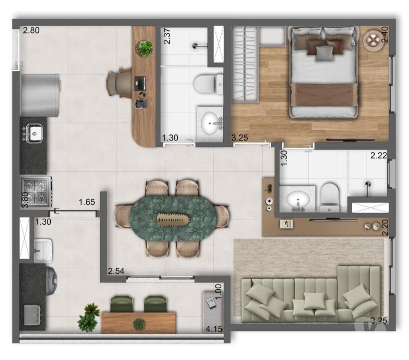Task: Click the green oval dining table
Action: [172, 218]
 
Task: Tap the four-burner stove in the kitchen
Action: [36, 192]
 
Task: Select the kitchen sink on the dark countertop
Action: [35, 132]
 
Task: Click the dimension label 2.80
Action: [31, 30]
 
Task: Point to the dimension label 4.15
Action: [214, 329]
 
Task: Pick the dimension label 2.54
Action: [116, 271]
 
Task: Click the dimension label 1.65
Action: [87, 202]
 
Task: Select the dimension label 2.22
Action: [378, 156]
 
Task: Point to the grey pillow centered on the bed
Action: [324, 53]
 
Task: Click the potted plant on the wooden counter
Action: [144, 48]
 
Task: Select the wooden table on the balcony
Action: [138, 322]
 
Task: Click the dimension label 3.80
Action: [25, 200]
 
